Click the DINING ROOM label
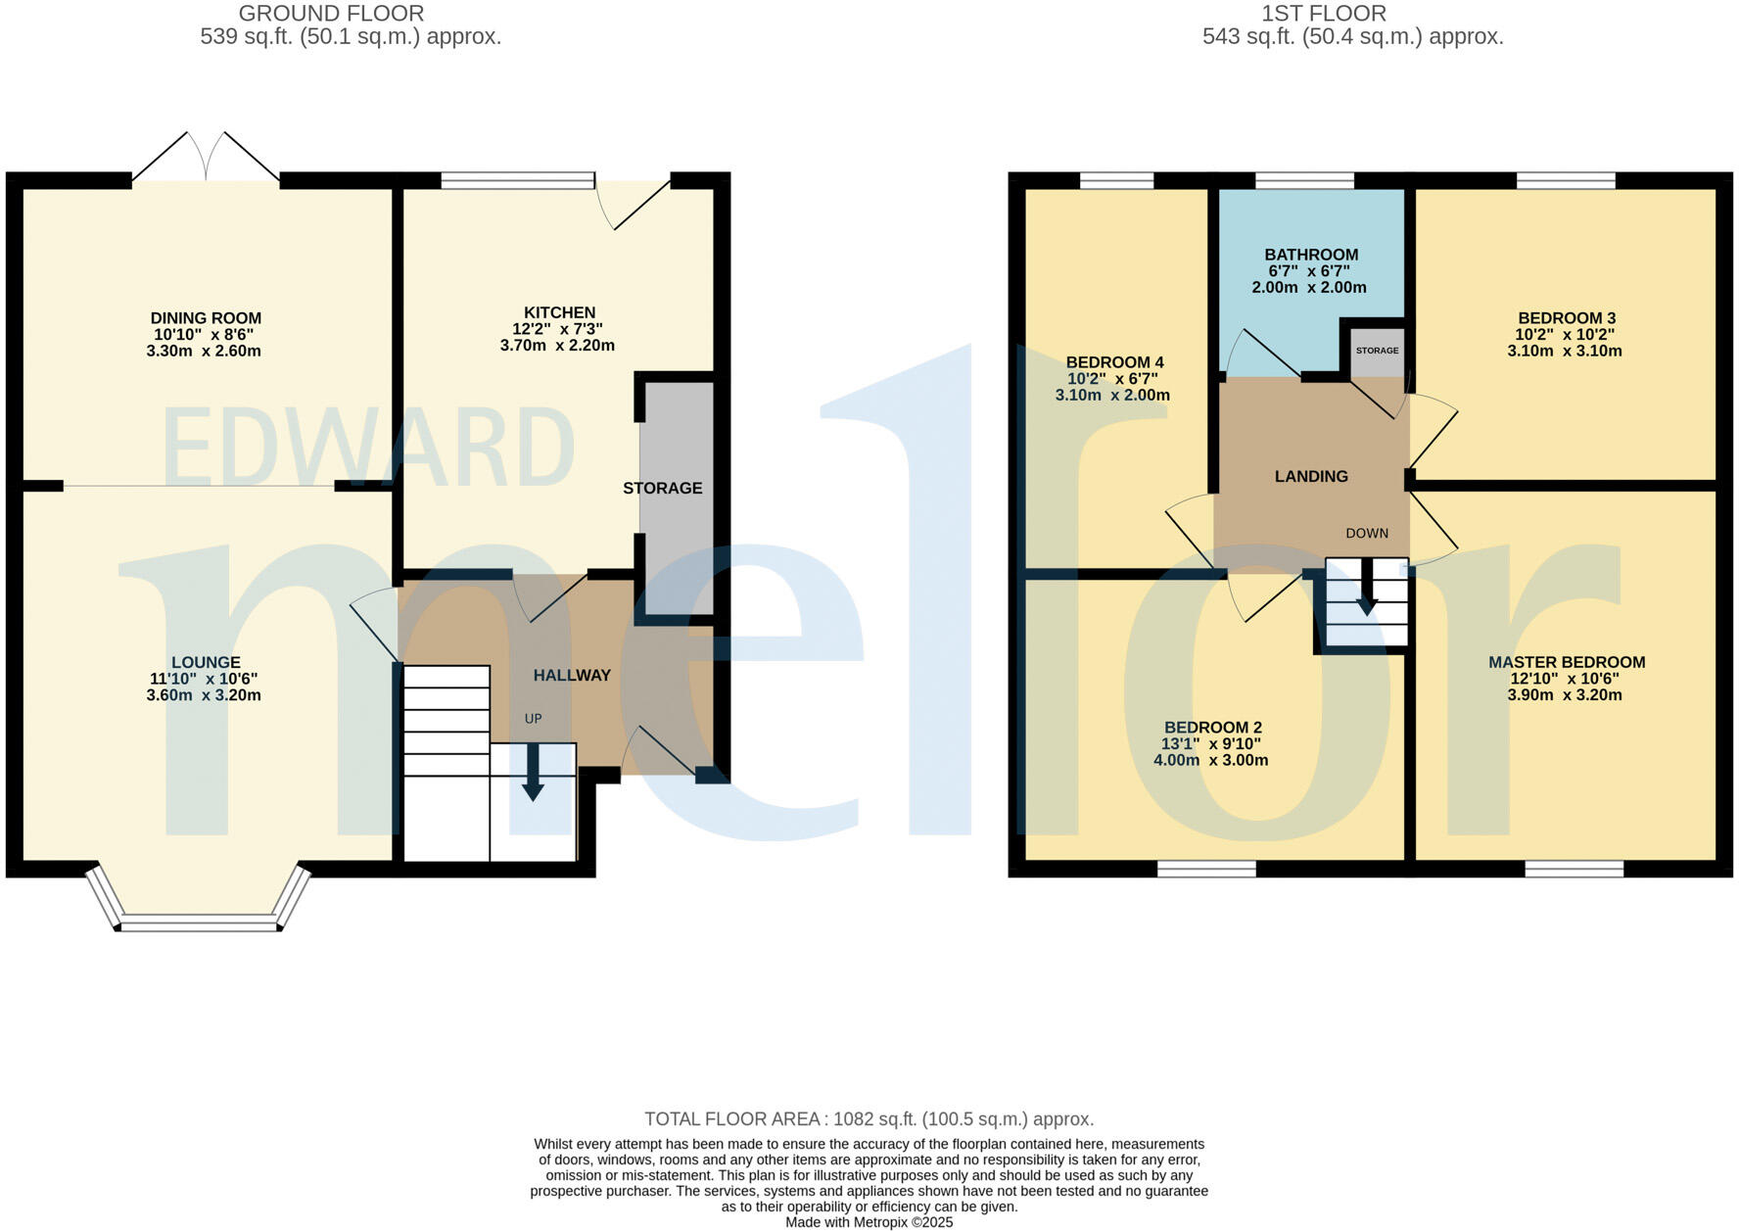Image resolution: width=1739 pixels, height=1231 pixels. click(206, 318)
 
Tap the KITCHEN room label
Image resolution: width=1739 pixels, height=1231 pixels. click(559, 312)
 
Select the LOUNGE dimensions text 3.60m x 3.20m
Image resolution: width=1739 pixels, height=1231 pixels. click(204, 695)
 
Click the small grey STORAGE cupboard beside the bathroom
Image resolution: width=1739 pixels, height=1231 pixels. click(1377, 351)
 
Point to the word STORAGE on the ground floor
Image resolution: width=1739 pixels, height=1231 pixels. click(663, 488)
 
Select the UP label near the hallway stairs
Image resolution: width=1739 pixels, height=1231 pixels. click(533, 719)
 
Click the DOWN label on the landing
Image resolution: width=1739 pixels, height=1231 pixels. click(1367, 534)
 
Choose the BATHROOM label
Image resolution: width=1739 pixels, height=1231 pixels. click(1311, 255)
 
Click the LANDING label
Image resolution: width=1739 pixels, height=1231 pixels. click(1311, 477)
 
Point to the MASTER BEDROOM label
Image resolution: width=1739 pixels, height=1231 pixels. click(1566, 662)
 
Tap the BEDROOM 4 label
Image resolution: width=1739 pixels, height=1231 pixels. click(1114, 362)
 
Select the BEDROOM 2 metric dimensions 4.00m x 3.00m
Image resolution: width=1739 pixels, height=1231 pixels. click(1211, 761)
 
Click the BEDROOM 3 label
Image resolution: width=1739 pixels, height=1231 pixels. click(1566, 318)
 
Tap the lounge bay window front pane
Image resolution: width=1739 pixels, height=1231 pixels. click(199, 923)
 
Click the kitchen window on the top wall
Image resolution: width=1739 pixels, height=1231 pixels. click(517, 180)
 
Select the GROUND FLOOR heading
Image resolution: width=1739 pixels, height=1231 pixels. click(331, 14)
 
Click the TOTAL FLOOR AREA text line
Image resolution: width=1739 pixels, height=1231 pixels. click(869, 1119)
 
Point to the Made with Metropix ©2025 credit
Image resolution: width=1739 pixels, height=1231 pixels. click(869, 1222)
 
